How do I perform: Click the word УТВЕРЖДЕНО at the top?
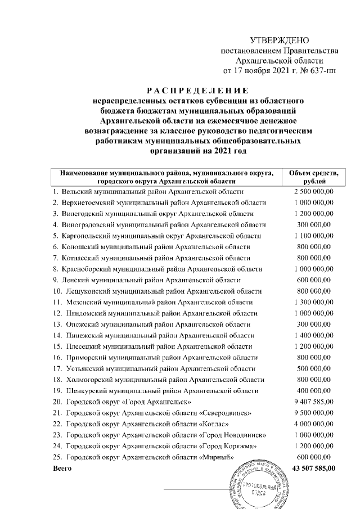(x=280, y=40)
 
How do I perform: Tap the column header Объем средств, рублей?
(x=313, y=177)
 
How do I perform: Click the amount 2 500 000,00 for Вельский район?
(x=313, y=192)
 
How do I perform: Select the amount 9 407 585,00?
(x=313, y=402)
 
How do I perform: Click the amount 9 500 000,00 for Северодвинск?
(x=313, y=413)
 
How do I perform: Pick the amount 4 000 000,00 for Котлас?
(x=313, y=424)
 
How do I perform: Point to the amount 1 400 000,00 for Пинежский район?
(x=313, y=335)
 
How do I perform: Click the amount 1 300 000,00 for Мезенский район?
(x=313, y=302)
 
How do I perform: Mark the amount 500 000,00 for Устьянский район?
(x=313, y=368)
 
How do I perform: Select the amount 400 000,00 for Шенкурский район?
(x=313, y=390)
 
